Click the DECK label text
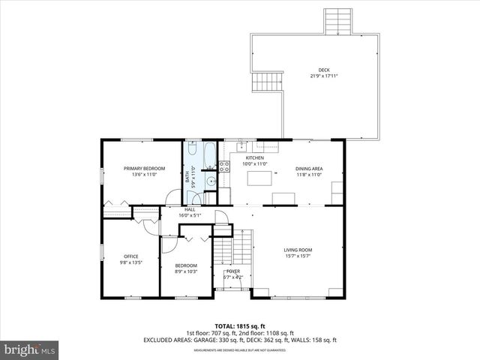(x=323, y=70)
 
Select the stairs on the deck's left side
(x=265, y=82)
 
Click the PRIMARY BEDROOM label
(x=144, y=169)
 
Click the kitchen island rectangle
(x=259, y=178)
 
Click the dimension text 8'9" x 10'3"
(x=186, y=271)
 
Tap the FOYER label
(x=233, y=271)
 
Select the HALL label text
(x=190, y=209)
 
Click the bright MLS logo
(x=29, y=349)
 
